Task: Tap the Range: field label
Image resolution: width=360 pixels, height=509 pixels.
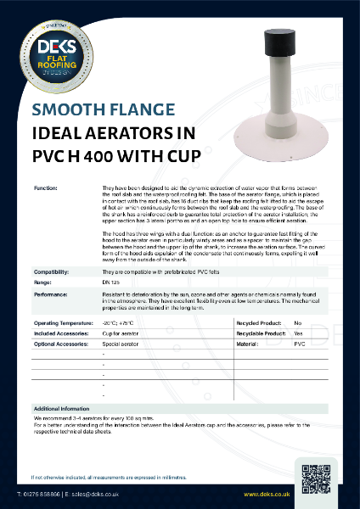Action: point(42,282)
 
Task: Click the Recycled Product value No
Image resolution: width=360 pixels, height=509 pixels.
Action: point(297,324)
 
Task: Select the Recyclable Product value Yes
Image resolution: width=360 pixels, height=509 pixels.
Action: point(298,334)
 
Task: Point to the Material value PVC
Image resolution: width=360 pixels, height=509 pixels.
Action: point(299,345)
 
